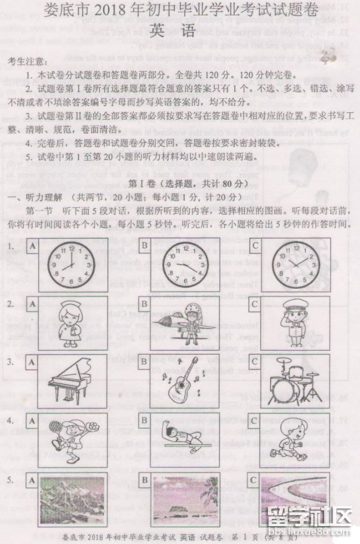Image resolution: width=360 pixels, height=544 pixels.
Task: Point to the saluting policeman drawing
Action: [294, 323]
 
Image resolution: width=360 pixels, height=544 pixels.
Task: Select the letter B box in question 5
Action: [145, 479]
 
